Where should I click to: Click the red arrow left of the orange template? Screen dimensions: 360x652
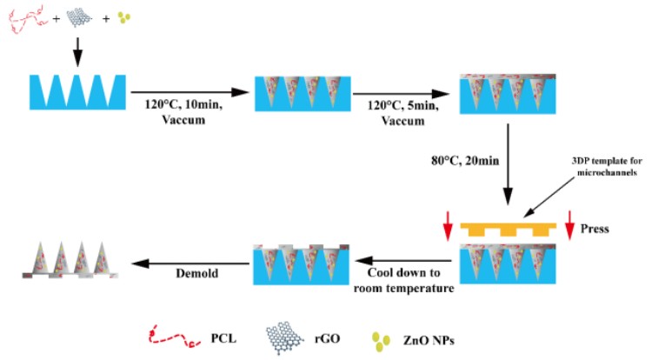coord(448,229)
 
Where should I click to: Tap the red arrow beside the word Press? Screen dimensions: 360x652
coord(569,229)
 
